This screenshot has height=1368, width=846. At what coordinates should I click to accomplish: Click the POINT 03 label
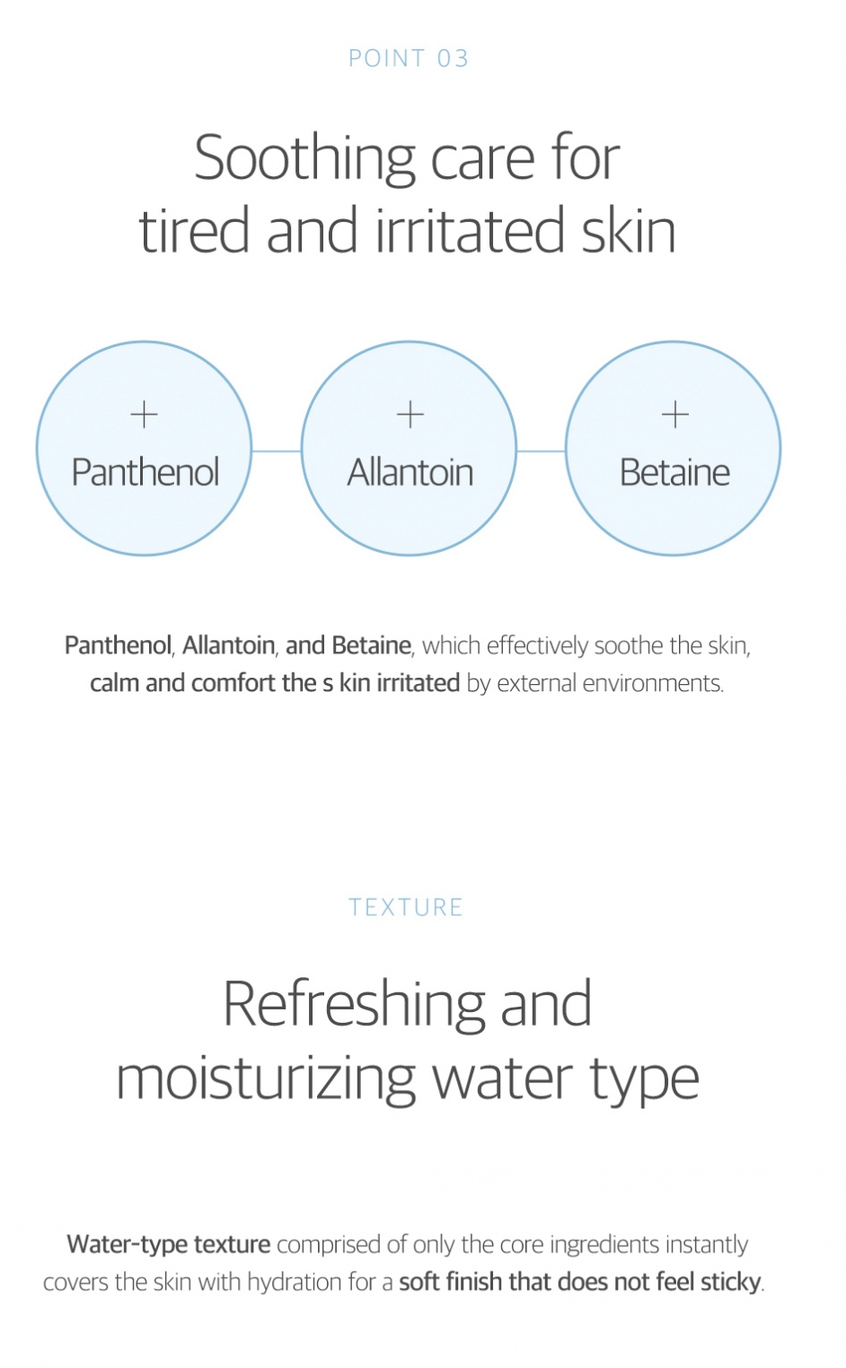tap(409, 58)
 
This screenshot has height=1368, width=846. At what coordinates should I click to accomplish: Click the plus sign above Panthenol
tap(144, 414)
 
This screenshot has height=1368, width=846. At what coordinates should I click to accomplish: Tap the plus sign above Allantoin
tap(410, 414)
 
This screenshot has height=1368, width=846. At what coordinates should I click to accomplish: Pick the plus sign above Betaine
tap(675, 414)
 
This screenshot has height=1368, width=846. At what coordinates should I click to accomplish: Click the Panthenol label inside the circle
tap(145, 472)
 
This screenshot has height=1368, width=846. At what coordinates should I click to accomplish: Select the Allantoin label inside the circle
tap(410, 472)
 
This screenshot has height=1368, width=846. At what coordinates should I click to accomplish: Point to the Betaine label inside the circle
tap(674, 472)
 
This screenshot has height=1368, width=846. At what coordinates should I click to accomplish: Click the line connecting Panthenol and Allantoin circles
tap(277, 451)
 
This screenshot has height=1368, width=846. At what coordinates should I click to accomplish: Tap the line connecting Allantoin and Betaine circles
tap(542, 451)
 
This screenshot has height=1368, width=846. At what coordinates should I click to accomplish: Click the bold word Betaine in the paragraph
tap(371, 645)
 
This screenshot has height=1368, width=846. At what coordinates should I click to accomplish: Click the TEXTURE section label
tap(406, 908)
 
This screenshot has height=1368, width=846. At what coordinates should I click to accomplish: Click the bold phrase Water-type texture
tap(169, 1244)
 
